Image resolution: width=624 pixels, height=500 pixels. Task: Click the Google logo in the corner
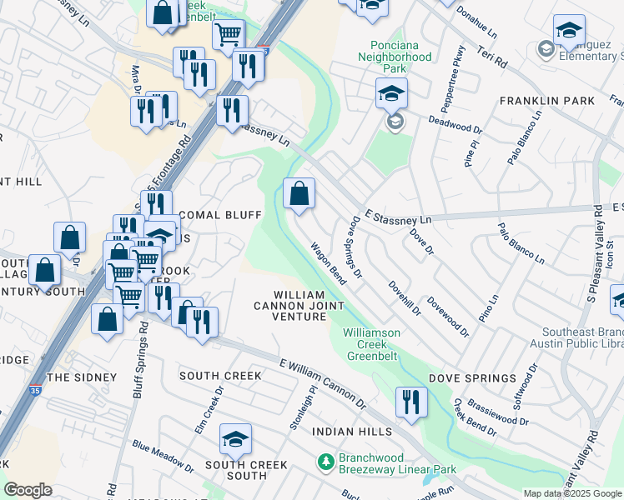28,490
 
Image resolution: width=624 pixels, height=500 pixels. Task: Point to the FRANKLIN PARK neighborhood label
546,101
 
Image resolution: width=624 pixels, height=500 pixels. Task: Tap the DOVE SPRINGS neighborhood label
472,378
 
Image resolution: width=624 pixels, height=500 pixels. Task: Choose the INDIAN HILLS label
352,432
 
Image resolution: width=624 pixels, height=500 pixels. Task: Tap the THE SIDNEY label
82,377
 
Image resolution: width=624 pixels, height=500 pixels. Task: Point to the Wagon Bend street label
328,263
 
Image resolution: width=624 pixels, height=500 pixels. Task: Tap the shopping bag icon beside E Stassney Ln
299,194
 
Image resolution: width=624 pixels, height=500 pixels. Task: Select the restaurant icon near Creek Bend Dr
410,402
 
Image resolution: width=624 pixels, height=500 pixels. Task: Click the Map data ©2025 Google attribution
572,493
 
